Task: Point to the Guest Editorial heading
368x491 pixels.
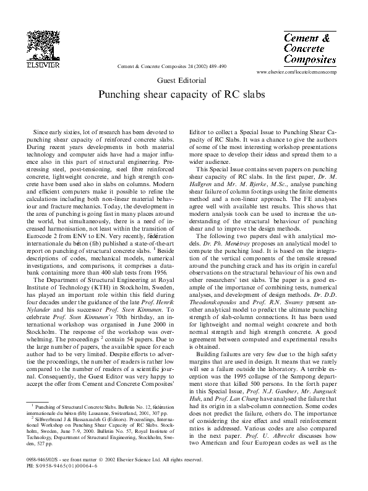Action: [x=183, y=81]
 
